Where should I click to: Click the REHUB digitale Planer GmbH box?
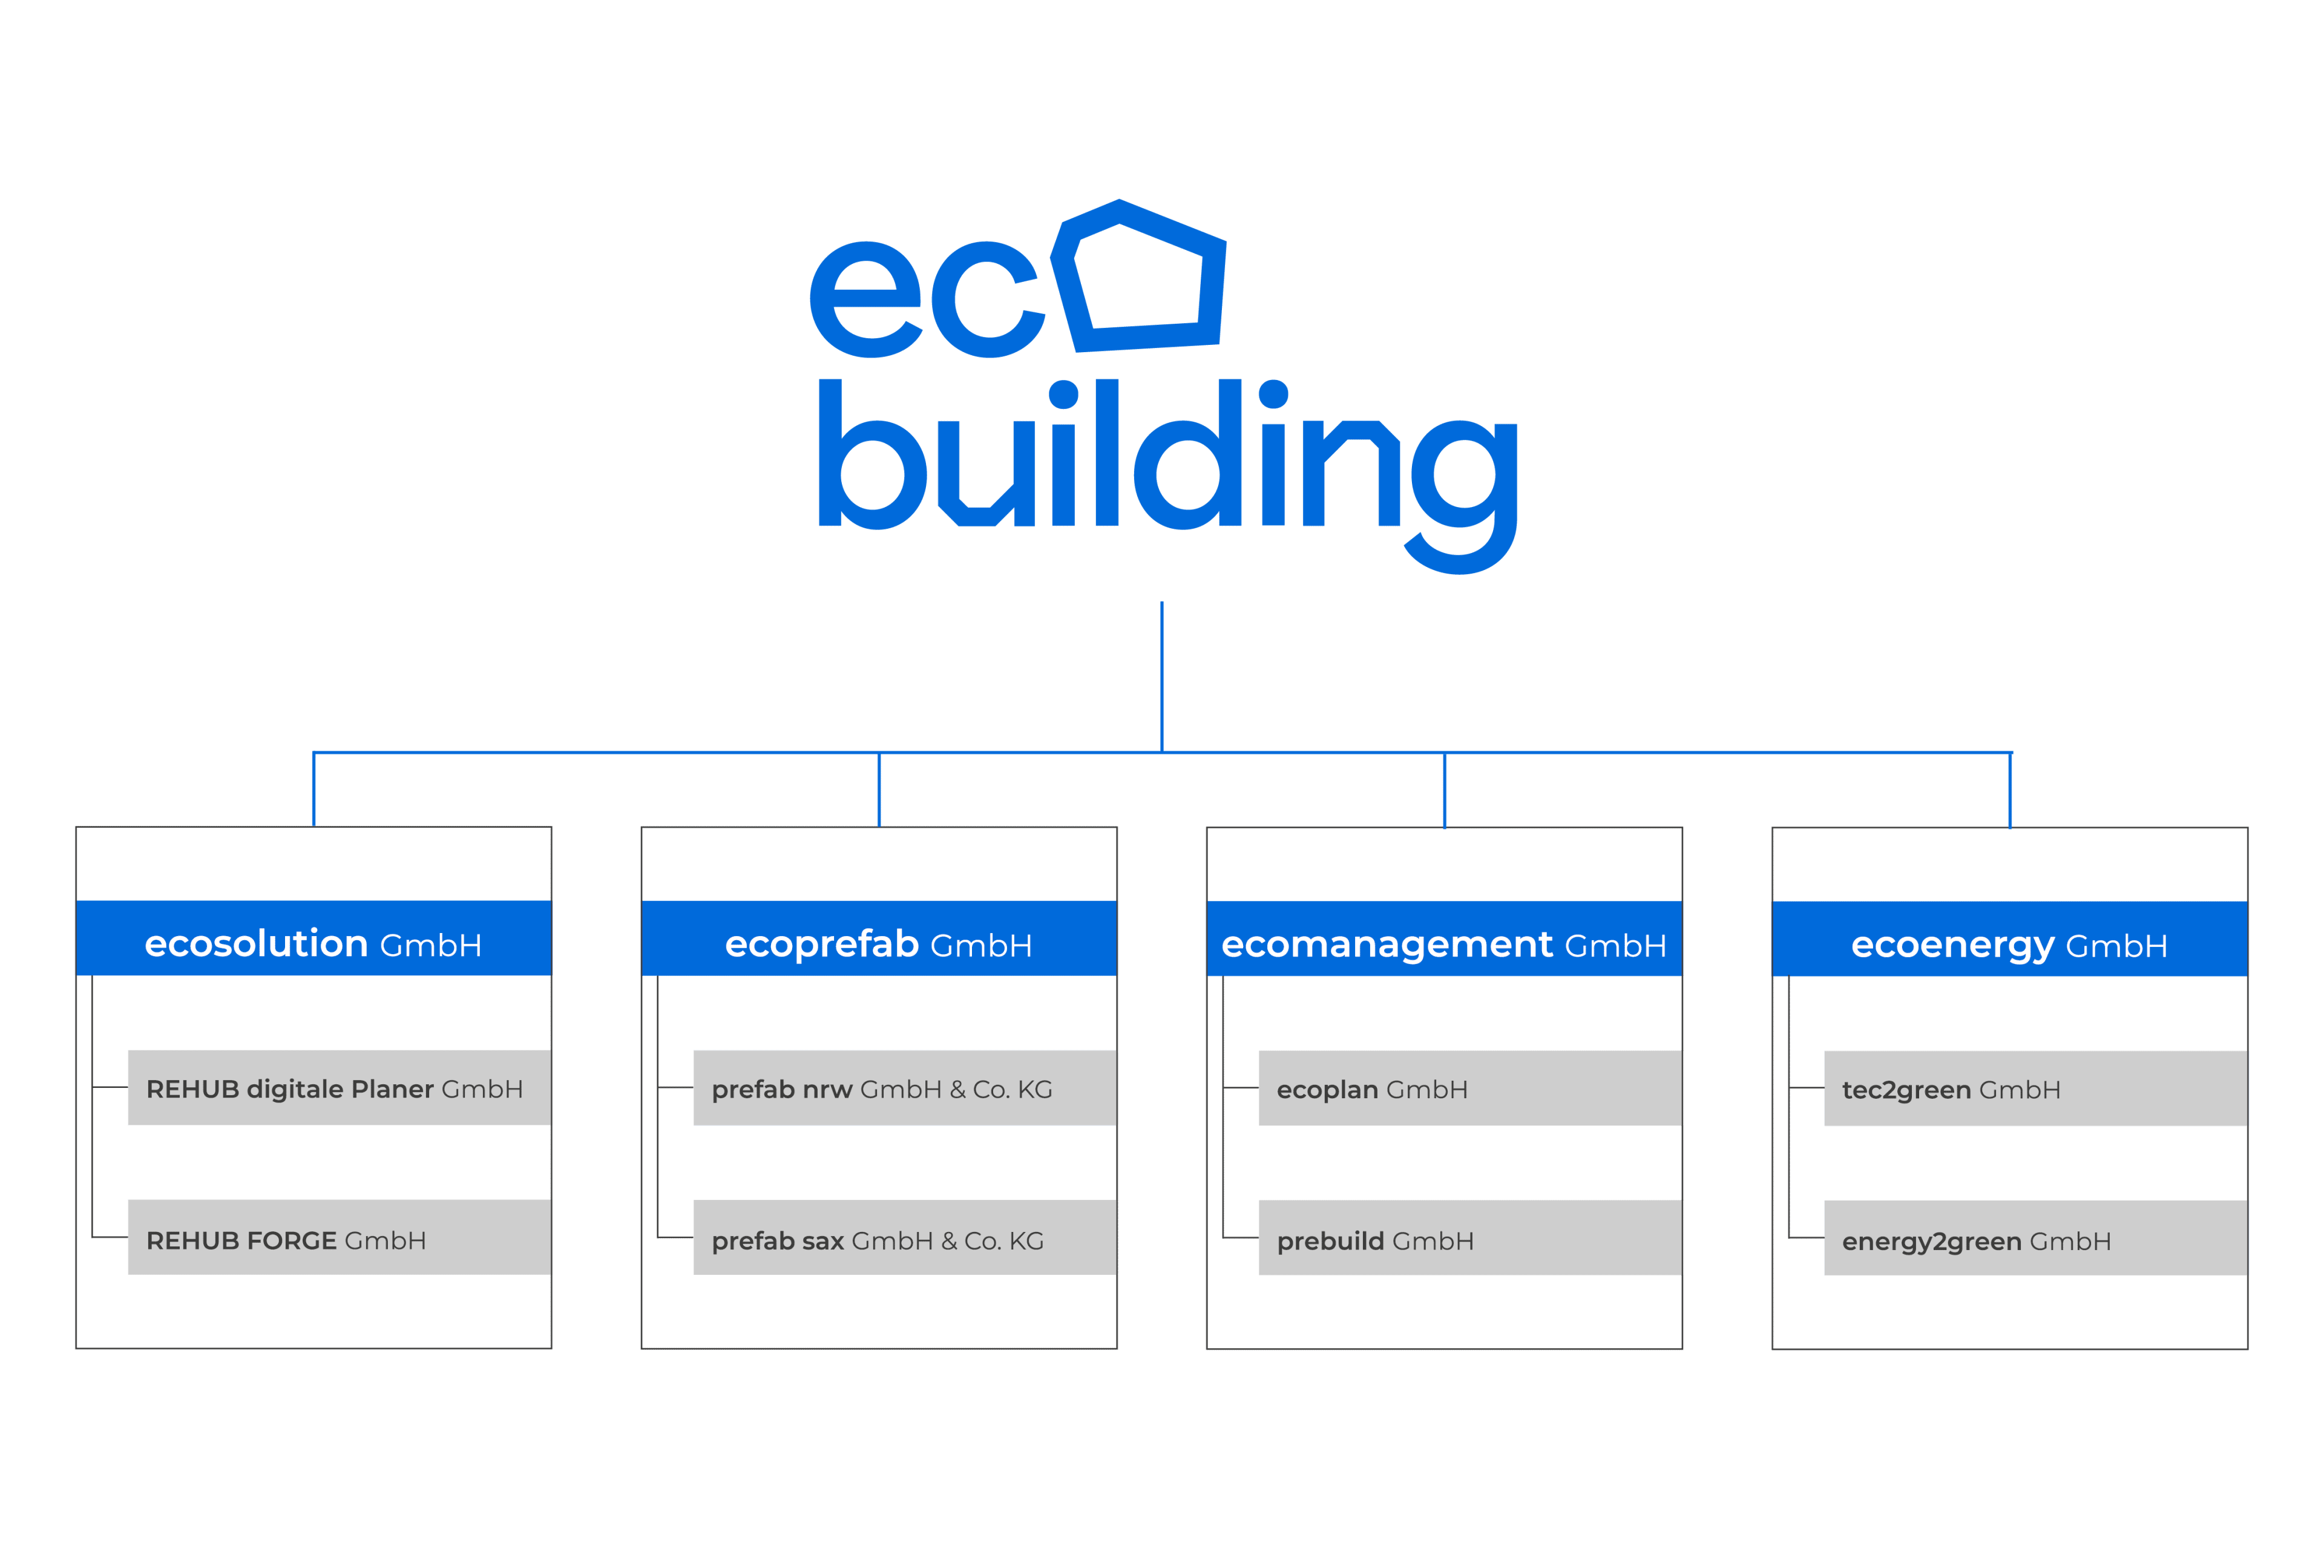339,1088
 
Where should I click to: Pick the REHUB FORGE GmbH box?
339,1238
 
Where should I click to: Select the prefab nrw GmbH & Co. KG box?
904,1088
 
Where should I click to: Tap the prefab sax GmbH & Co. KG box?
904,1238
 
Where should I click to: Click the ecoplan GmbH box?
1469,1089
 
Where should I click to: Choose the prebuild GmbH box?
1469,1239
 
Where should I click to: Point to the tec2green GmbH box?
2035,1089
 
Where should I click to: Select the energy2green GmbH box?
2035,1239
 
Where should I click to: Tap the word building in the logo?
1166,464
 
